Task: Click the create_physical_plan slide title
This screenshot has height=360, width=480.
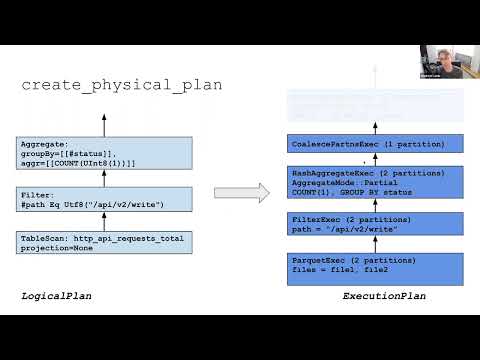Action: [121, 85]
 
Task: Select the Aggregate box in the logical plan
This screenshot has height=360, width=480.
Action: [105, 153]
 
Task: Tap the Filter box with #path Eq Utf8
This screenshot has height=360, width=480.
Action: [105, 198]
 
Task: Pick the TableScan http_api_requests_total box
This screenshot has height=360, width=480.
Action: [105, 242]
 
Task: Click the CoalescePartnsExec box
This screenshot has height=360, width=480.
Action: [374, 144]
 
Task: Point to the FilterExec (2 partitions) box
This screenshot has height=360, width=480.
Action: [374, 225]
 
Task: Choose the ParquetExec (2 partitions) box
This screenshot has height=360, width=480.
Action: [374, 267]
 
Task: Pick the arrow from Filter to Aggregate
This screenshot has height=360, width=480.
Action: [105, 178]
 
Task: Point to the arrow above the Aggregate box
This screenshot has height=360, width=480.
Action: [105, 125]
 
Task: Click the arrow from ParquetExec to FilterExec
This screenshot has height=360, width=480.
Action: [374, 246]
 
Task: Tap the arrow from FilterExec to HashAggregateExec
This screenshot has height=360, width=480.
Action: [374, 205]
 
